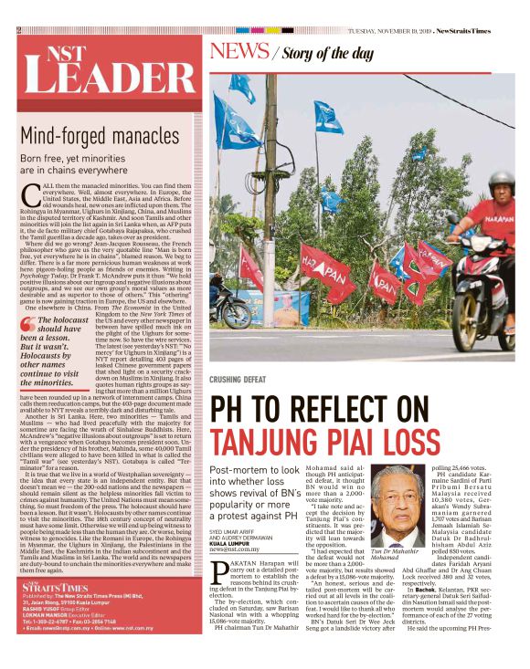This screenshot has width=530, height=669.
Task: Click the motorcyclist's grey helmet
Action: click(x=501, y=182)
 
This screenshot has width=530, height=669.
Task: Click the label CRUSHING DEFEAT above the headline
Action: click(x=240, y=380)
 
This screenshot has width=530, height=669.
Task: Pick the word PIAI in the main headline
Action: click(x=355, y=443)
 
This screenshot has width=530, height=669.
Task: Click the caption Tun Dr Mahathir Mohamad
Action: click(x=398, y=557)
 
